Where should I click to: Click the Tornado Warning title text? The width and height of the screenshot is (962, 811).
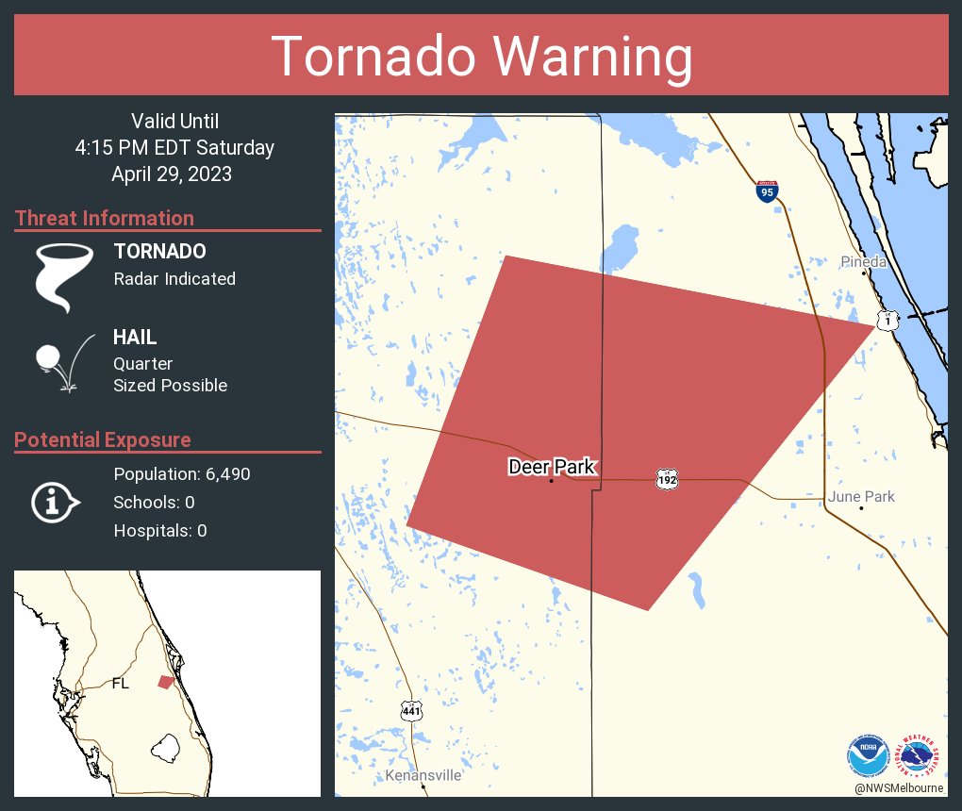pyautogui.click(x=481, y=57)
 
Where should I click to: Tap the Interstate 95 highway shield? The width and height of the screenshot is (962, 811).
pyautogui.click(x=767, y=191)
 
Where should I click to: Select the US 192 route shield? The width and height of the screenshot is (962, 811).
pyautogui.click(x=667, y=480)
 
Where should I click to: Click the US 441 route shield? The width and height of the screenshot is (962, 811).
pyautogui.click(x=411, y=710)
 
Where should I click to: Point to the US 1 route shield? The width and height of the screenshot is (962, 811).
pyautogui.click(x=887, y=321)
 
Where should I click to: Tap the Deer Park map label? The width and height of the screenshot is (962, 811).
pyautogui.click(x=552, y=466)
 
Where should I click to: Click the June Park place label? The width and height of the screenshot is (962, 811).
pyautogui.click(x=861, y=497)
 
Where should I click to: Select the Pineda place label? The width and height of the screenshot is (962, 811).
pyautogui.click(x=864, y=262)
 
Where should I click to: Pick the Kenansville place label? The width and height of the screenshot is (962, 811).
pyautogui.click(x=423, y=775)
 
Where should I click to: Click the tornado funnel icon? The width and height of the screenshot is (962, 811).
pyautogui.click(x=63, y=276)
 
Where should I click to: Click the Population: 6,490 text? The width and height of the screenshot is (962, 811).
pyautogui.click(x=182, y=474)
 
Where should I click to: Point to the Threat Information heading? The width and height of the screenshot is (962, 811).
pyautogui.click(x=105, y=219)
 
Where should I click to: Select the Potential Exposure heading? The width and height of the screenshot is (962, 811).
pyautogui.click(x=103, y=440)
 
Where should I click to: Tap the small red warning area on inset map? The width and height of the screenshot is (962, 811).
pyautogui.click(x=165, y=682)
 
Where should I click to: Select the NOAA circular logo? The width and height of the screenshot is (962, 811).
pyautogui.click(x=868, y=755)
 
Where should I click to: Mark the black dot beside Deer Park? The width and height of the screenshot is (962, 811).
pyautogui.click(x=552, y=481)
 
